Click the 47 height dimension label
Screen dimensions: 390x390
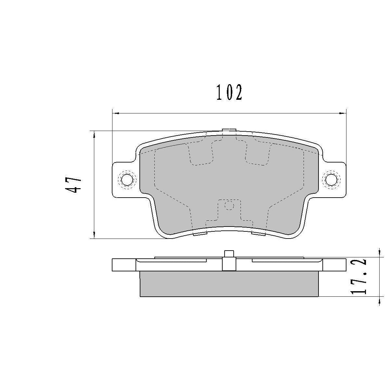74,185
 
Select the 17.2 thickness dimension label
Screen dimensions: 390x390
359,277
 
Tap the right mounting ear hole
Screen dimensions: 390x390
331,179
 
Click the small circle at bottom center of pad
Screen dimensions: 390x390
229,205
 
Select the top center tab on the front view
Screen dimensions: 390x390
229,130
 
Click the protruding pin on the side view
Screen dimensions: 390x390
229,254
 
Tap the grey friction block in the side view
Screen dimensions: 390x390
229,284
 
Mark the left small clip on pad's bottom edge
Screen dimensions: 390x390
200,233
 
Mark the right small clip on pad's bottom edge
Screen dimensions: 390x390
259,233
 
